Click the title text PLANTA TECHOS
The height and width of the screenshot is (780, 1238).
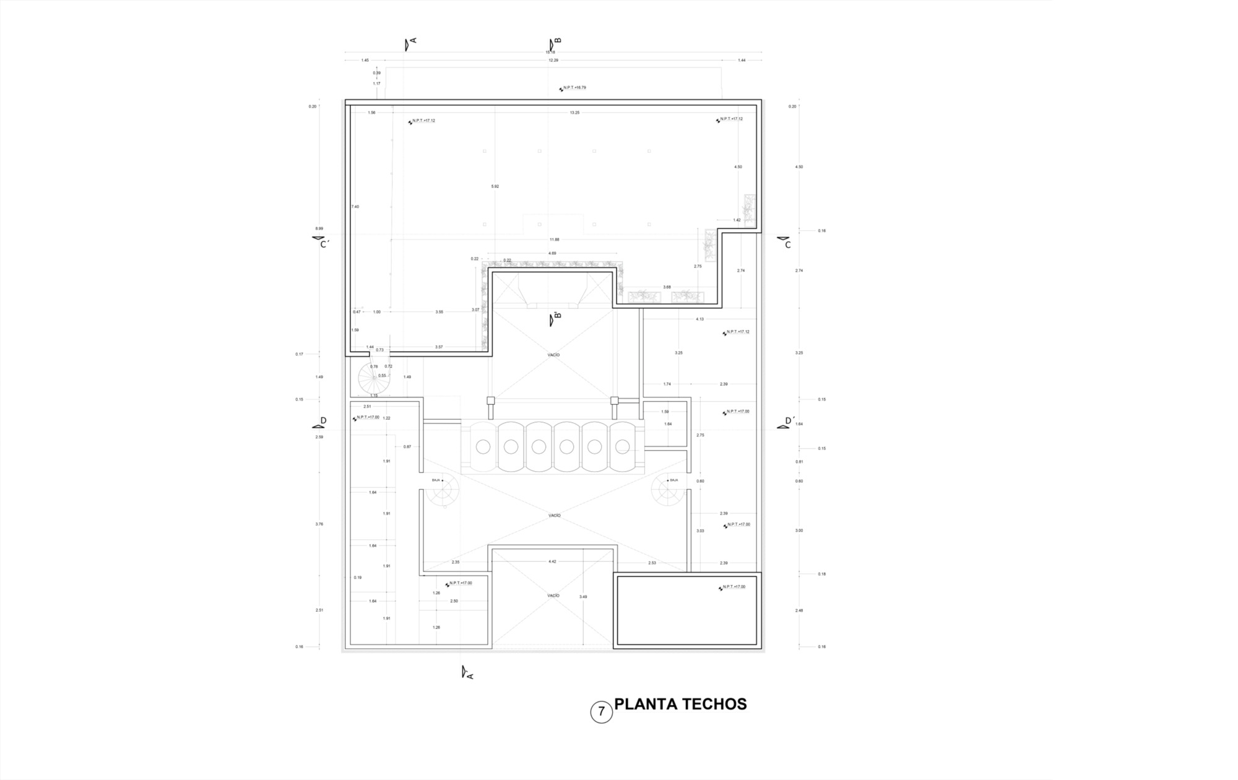pyautogui.click(x=680, y=704)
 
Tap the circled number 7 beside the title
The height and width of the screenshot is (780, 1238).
pyautogui.click(x=601, y=712)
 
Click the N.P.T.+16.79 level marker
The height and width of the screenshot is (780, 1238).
pyautogui.click(x=574, y=88)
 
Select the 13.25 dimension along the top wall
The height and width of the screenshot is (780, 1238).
pyautogui.click(x=574, y=113)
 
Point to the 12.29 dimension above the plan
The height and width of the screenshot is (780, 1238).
pyautogui.click(x=553, y=60)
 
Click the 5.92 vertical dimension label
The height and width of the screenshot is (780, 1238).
pyautogui.click(x=495, y=186)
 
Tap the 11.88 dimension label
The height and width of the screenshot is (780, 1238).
pyautogui.click(x=554, y=240)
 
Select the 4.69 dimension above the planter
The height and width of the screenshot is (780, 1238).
pyautogui.click(x=552, y=253)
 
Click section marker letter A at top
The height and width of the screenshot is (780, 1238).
pyautogui.click(x=413, y=41)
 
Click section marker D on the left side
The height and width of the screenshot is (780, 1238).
pyautogui.click(x=323, y=420)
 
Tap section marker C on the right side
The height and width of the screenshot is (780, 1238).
pyautogui.click(x=787, y=245)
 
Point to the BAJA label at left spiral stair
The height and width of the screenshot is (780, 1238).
pyautogui.click(x=436, y=480)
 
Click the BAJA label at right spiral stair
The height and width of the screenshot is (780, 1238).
pyautogui.click(x=674, y=480)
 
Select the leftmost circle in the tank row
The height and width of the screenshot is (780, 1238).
pyautogui.click(x=483, y=446)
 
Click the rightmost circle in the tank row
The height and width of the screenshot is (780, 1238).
pyautogui.click(x=622, y=446)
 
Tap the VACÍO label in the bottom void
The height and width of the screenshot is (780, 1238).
pyautogui.click(x=553, y=596)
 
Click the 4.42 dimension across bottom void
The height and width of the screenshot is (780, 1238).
pyautogui.click(x=552, y=561)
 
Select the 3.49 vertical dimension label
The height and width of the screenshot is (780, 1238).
pyautogui.click(x=583, y=597)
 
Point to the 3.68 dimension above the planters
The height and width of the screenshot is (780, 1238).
pyautogui.click(x=667, y=287)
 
